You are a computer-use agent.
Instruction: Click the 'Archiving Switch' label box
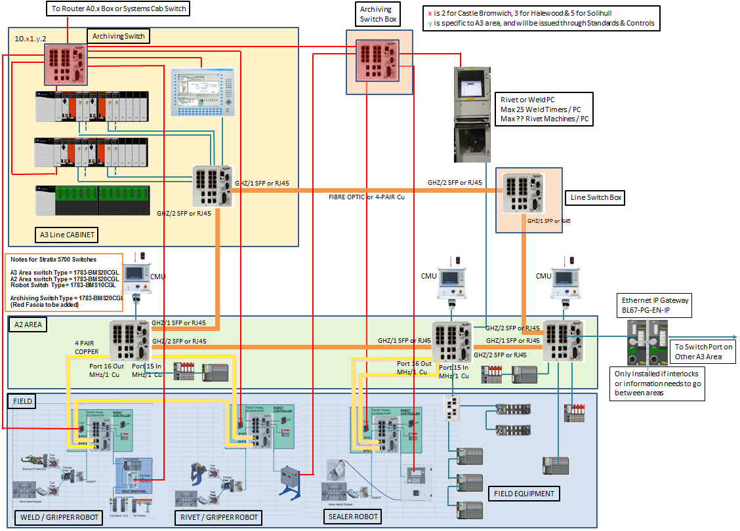pyautogui.click(x=119, y=36)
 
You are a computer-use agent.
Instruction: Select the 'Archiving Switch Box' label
pyautogui.click(x=379, y=14)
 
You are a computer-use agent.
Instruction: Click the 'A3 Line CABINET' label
pyautogui.click(x=67, y=234)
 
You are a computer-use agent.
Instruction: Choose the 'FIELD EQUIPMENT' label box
pyautogui.click(x=524, y=494)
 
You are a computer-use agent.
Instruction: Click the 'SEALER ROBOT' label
pyautogui.click(x=353, y=516)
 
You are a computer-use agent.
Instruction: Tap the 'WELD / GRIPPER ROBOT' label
pyautogui.click(x=59, y=517)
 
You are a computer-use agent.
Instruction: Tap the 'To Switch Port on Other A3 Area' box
pyautogui.click(x=703, y=351)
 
